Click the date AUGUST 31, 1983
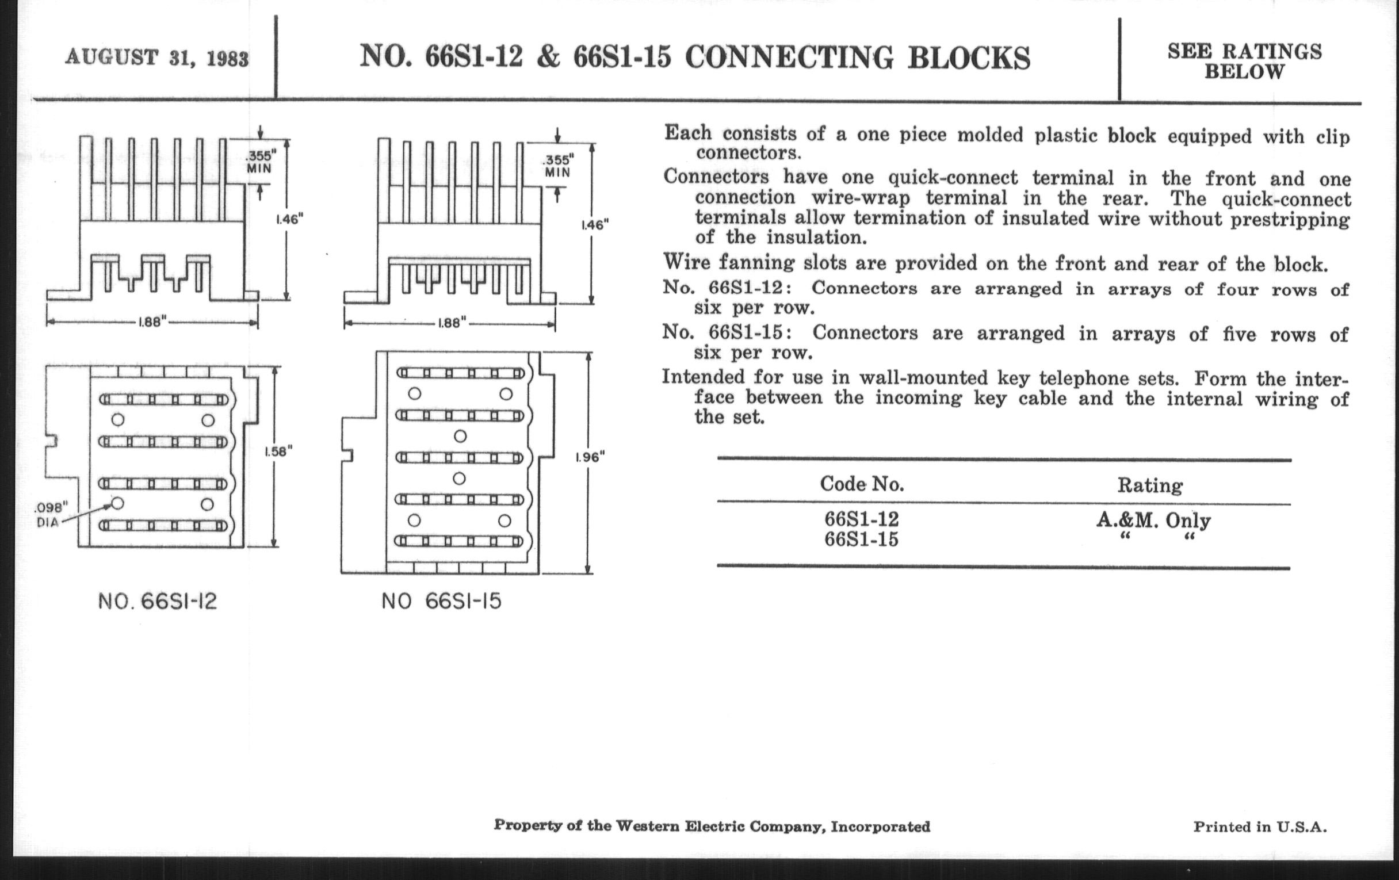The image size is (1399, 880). tap(157, 58)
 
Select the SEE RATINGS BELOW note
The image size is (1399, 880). tap(1244, 62)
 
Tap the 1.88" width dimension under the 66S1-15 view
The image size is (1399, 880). tap(450, 323)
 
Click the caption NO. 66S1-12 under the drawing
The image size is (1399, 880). tap(158, 601)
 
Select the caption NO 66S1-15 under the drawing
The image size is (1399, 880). tap(441, 601)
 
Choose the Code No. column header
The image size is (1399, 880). tap(862, 484)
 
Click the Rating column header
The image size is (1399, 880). tap(1150, 485)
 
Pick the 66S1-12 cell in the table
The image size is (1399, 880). tap(862, 519)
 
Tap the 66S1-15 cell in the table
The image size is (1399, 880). tap(862, 540)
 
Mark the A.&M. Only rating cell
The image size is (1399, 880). tap(1153, 520)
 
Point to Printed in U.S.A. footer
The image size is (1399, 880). tap(1260, 827)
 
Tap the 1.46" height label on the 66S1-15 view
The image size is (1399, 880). tap(595, 225)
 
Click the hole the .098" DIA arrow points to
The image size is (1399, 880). tap(117, 503)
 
